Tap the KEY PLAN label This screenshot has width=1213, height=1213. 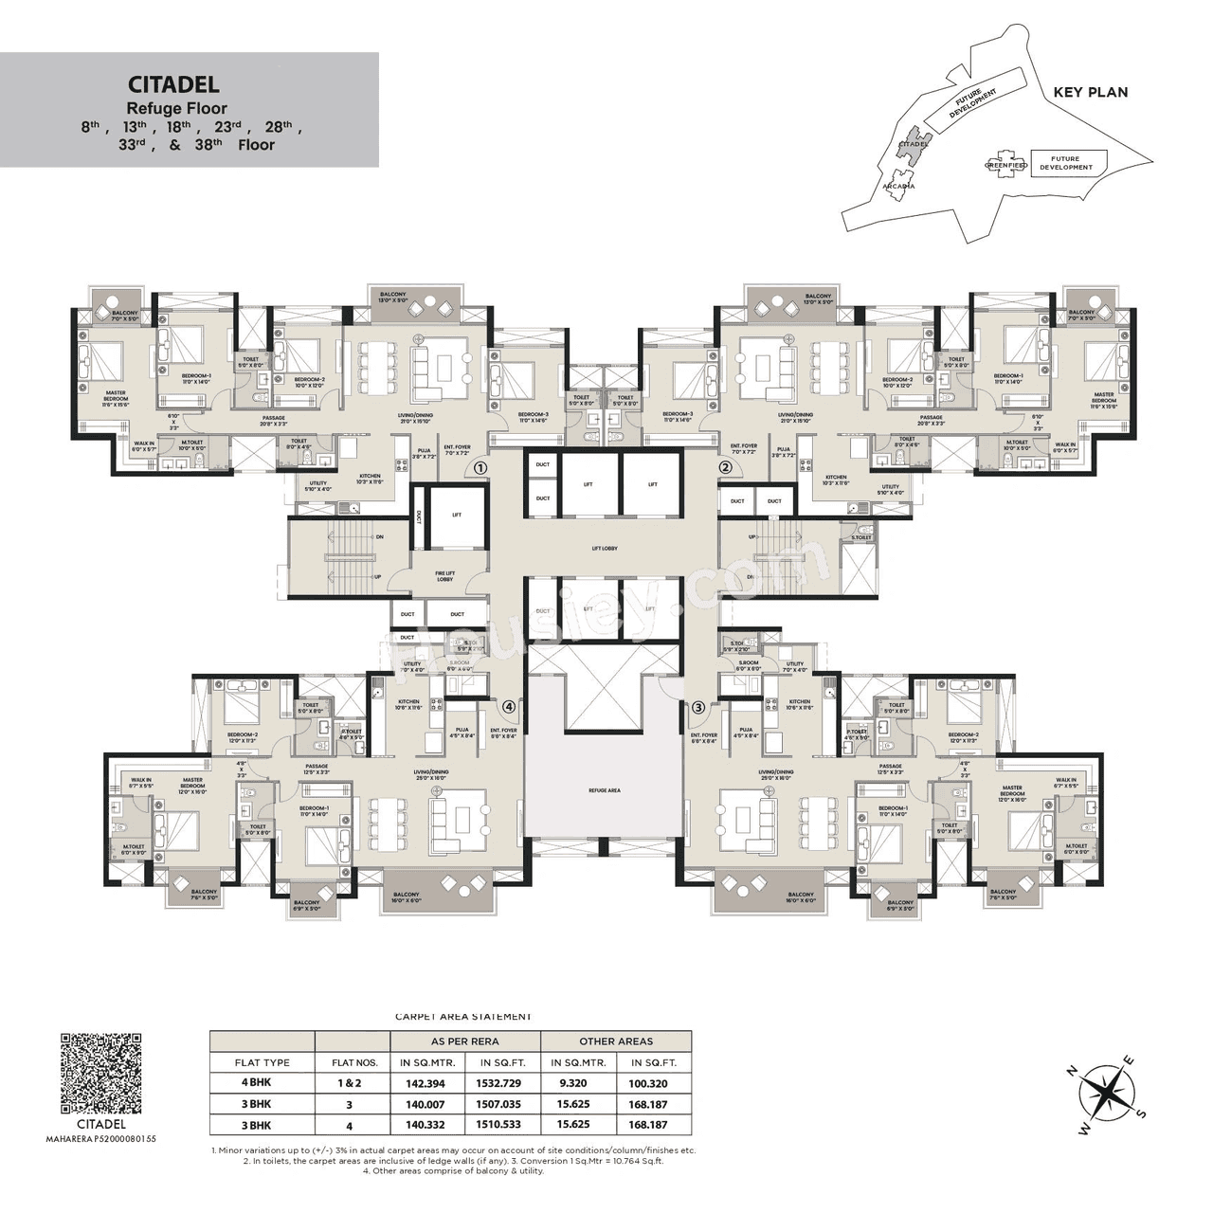[x=1091, y=92]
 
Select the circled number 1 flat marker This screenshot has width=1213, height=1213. [x=480, y=467]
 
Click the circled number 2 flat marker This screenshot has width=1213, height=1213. [x=726, y=467]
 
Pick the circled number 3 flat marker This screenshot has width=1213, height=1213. [x=699, y=706]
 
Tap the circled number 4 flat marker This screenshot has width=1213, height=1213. [x=509, y=706]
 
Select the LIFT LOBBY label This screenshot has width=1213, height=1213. [x=604, y=549]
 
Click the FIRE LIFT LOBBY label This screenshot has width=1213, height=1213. [x=445, y=576]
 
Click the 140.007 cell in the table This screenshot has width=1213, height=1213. [x=423, y=1104]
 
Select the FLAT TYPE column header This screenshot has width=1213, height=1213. [x=263, y=1062]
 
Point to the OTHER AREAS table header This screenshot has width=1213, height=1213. [x=616, y=1041]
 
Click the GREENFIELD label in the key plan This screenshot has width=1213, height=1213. [x=1005, y=165]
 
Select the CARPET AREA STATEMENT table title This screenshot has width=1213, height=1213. [x=462, y=1017]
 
